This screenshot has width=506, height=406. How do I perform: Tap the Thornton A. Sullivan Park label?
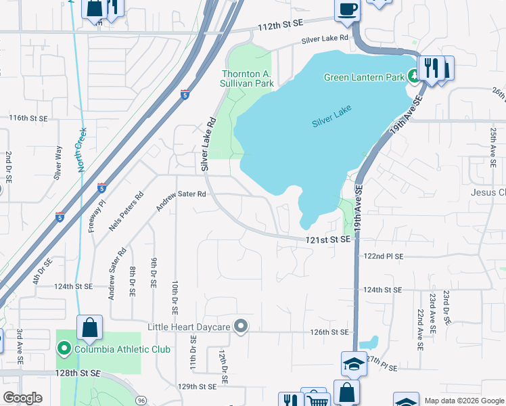coord(248,78)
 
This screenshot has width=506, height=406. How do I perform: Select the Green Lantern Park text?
coord(363,77)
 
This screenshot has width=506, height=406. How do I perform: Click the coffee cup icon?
coord(347,9)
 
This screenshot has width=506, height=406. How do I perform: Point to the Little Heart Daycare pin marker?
coord(241,327)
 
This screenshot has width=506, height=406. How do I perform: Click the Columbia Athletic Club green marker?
coord(64,349)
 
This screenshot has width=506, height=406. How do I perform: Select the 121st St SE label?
coord(327,240)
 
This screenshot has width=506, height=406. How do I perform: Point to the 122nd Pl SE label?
coord(383,256)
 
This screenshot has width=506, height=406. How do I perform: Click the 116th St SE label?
coord(28,118)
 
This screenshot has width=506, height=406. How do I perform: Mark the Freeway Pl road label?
coord(95,215)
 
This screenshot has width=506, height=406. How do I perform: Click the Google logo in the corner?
coord(22,398)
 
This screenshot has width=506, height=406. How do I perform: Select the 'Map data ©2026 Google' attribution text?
coord(464,401)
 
